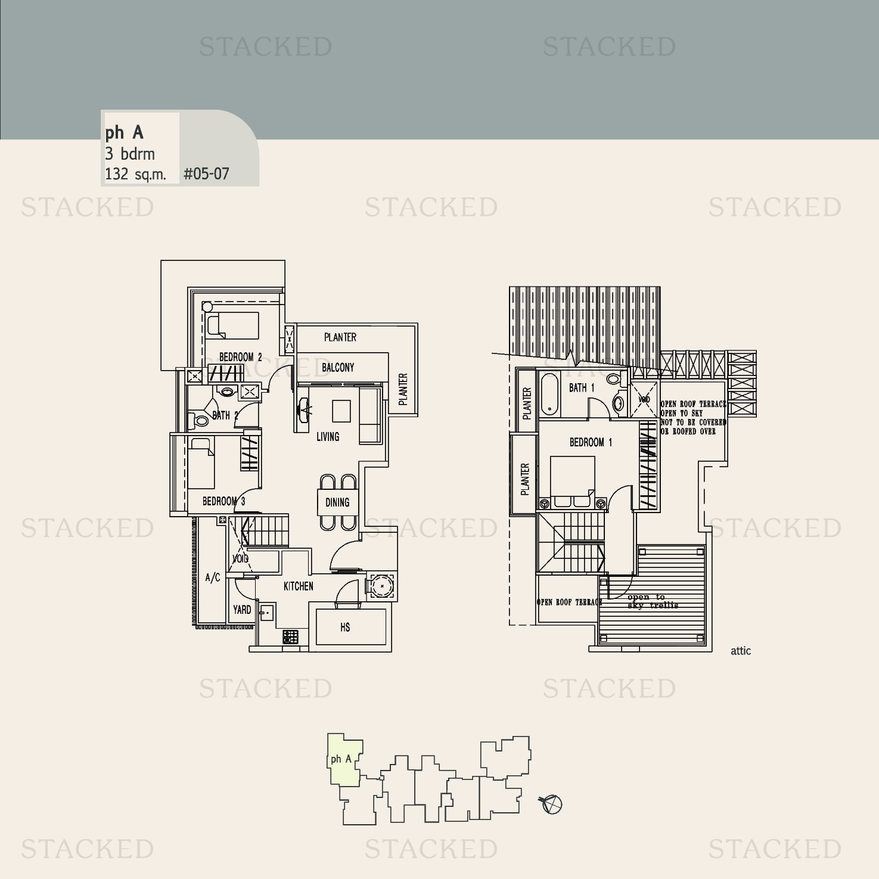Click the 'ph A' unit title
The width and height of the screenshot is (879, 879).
tap(124, 132)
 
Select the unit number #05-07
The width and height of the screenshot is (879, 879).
tap(206, 174)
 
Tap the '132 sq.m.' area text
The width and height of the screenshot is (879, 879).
tap(135, 174)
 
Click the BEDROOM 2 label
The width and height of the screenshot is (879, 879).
tap(240, 357)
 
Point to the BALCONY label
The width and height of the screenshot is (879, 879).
tap(338, 368)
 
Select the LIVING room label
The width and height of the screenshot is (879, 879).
tap(328, 437)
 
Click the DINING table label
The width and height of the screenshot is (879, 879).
tap(337, 502)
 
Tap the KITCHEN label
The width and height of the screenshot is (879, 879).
tap(298, 586)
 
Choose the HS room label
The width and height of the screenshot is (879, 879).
tap(345, 627)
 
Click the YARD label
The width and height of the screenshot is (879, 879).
tap(242, 610)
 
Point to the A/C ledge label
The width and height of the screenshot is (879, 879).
tap(213, 577)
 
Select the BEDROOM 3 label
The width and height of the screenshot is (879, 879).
tap(223, 501)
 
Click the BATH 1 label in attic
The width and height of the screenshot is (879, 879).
tap(582, 388)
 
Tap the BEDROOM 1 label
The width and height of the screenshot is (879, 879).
tap(591, 442)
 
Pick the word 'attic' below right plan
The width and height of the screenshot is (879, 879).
tap(741, 651)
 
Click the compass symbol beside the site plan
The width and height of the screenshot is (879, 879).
tap(552, 804)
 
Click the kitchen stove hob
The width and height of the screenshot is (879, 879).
tap(290, 637)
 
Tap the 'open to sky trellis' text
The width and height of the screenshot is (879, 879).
tap(653, 601)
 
